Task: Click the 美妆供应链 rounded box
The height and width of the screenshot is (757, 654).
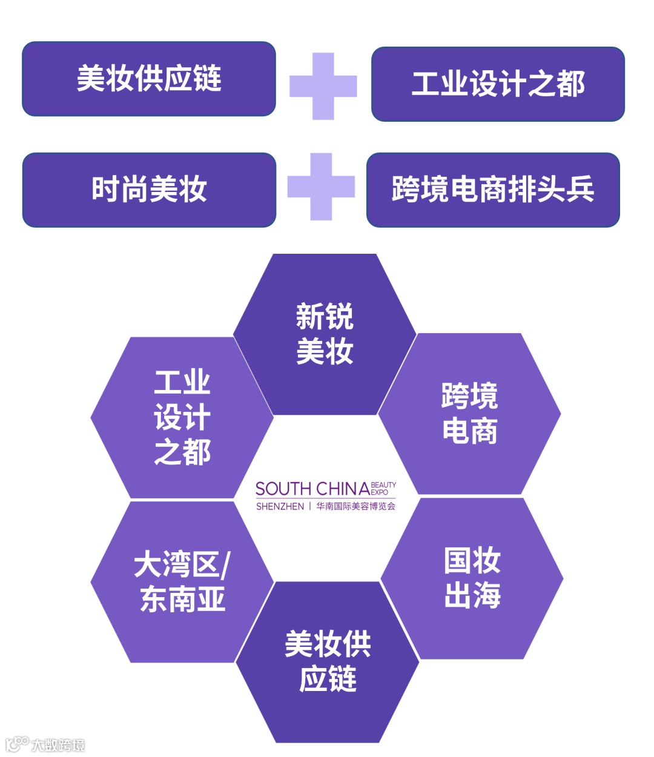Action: (x=149, y=79)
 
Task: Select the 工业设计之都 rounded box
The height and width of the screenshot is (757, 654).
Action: (x=498, y=84)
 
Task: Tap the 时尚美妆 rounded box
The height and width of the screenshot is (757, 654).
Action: (x=149, y=190)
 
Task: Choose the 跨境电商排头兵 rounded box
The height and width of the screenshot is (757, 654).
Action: (x=493, y=190)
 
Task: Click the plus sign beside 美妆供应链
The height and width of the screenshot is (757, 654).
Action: (x=323, y=86)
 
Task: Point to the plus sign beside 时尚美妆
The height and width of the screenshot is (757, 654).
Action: (x=321, y=187)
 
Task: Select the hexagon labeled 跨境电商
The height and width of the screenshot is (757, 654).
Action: (x=470, y=414)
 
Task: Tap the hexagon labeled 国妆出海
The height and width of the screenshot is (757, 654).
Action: (x=472, y=578)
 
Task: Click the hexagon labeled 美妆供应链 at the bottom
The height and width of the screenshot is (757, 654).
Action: (x=328, y=662)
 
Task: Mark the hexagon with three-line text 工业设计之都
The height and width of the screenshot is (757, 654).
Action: (x=182, y=417)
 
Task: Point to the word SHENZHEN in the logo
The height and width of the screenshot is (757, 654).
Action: (x=280, y=506)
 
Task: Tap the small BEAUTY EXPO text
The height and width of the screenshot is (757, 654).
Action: (x=383, y=488)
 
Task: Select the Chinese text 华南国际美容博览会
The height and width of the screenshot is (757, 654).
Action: (x=356, y=506)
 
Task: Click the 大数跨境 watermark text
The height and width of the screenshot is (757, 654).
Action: (x=58, y=745)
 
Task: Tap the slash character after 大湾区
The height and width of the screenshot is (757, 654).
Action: (x=225, y=565)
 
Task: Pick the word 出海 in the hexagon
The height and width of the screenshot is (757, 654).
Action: (x=472, y=596)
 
